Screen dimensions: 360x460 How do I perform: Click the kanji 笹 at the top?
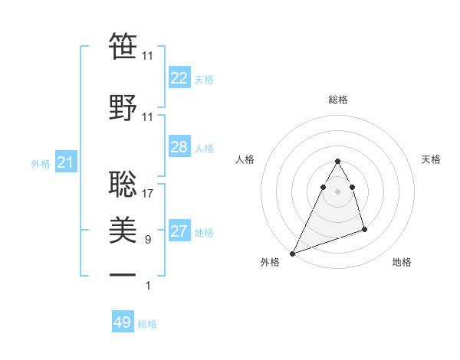[x=123, y=46]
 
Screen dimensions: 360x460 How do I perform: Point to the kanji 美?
[x=123, y=228]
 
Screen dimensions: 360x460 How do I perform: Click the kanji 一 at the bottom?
[x=123, y=274]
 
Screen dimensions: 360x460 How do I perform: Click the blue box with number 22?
[x=179, y=78]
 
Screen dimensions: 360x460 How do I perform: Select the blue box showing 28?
[x=179, y=147]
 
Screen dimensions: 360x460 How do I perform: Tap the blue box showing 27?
[x=179, y=232]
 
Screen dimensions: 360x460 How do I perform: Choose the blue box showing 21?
[x=65, y=162]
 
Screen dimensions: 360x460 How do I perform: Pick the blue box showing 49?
[x=123, y=322]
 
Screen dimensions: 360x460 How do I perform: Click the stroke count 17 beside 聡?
[x=148, y=193]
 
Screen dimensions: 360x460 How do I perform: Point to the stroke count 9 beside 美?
[x=148, y=240]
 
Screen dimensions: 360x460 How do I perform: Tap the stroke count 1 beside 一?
[x=148, y=286]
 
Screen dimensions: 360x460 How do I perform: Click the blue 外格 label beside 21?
[x=41, y=163]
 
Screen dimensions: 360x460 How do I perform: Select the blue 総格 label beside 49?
[x=147, y=323]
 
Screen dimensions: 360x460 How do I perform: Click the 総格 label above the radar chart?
[x=338, y=100]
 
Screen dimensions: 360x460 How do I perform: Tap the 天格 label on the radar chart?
[x=432, y=159]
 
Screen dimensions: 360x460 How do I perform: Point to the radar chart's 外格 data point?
[x=292, y=254]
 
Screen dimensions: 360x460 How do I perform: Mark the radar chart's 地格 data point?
[x=364, y=229]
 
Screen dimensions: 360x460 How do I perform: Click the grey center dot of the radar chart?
[x=338, y=191]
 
